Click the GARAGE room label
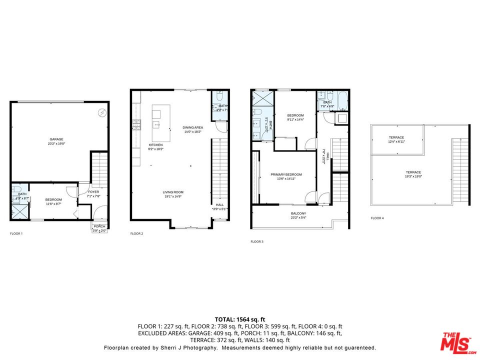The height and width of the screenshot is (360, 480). (x=56, y=139)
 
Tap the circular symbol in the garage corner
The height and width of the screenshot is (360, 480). (x=102, y=113)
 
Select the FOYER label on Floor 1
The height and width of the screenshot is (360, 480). (x=94, y=191)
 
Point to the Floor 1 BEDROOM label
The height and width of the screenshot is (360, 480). (x=53, y=199)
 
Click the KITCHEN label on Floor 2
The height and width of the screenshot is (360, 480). (x=155, y=145)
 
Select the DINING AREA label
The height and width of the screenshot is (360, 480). (x=192, y=127)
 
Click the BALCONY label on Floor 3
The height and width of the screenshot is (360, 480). (x=298, y=213)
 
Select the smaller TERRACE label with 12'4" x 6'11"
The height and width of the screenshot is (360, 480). (x=396, y=137)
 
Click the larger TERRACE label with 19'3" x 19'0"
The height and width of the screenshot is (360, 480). (x=413, y=172)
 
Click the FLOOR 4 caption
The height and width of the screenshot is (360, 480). (x=377, y=218)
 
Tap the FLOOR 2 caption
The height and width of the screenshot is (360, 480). (x=136, y=233)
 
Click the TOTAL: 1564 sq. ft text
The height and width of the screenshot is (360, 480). (x=239, y=319)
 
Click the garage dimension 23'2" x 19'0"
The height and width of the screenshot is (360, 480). (x=56, y=144)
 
